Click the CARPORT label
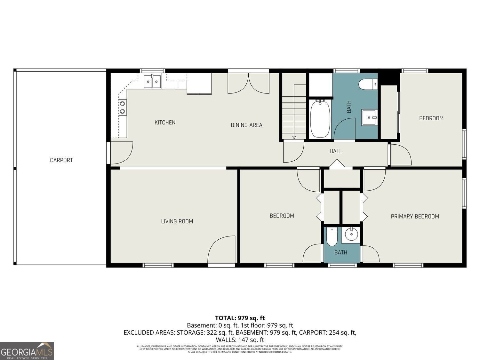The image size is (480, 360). click(x=61, y=160)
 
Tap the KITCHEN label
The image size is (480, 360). click(x=165, y=122)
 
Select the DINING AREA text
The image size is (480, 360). click(x=246, y=125)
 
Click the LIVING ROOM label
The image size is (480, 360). click(x=177, y=221)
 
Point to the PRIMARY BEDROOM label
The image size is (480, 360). click(x=415, y=216)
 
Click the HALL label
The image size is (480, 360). click(x=336, y=151)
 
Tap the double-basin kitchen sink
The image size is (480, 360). click(x=152, y=81)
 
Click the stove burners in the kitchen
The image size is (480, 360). click(x=122, y=108)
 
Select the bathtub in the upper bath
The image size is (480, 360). click(x=320, y=119)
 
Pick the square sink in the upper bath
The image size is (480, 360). click(x=370, y=117)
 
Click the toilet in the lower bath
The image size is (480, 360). click(x=332, y=237)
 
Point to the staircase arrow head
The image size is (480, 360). click(x=294, y=138)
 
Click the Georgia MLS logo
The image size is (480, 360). click(x=27, y=351)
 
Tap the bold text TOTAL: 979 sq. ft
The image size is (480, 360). click(x=240, y=318)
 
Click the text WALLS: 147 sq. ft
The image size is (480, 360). click(x=240, y=340)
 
